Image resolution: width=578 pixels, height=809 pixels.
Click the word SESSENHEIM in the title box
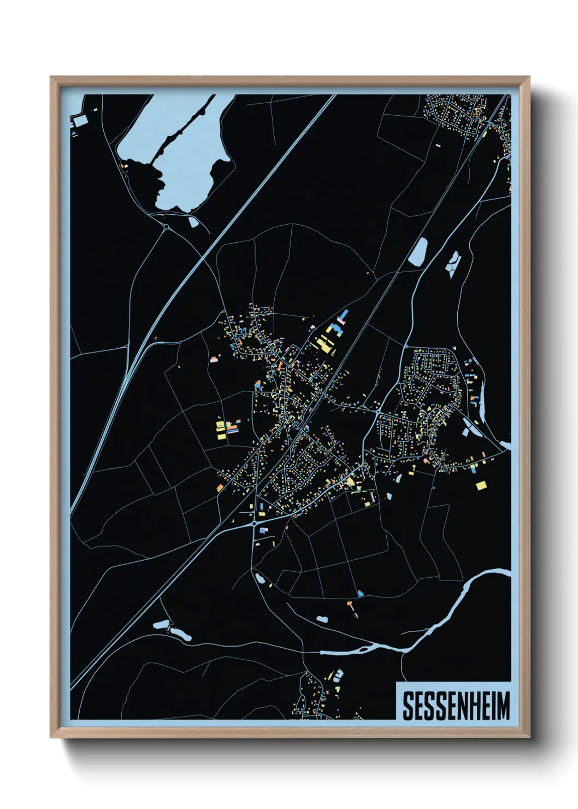click(456, 706)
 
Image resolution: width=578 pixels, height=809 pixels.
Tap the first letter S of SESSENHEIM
click(408, 706)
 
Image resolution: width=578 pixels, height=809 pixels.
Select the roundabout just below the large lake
click(166, 226)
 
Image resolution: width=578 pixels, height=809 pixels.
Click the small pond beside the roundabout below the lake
click(193, 222)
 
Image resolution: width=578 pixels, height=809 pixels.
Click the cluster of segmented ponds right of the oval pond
click(453, 264)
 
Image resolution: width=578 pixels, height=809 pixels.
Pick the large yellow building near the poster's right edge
click(481, 485)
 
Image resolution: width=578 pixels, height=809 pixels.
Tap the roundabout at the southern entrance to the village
click(255, 524)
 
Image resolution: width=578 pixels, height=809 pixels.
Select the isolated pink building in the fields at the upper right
click(438, 145)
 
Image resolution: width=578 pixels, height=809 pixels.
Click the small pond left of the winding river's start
click(322, 620)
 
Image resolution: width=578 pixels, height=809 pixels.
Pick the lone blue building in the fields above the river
click(359, 593)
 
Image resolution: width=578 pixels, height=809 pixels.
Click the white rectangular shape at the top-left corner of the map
click(81, 120)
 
